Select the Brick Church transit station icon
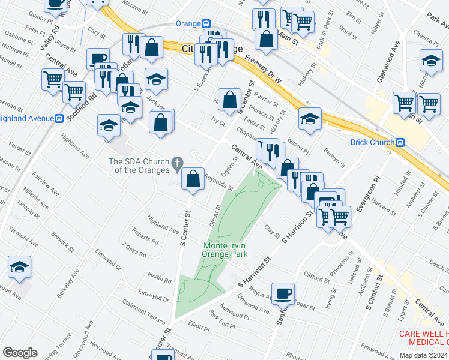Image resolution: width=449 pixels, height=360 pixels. point(400,143)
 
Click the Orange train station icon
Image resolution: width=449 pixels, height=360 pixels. point(206,23)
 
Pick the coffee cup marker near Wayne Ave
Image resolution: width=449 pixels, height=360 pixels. point(283,294)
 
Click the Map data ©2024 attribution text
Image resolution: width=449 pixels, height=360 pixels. point(424,355)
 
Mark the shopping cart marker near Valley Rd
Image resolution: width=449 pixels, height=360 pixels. point(53,79)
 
